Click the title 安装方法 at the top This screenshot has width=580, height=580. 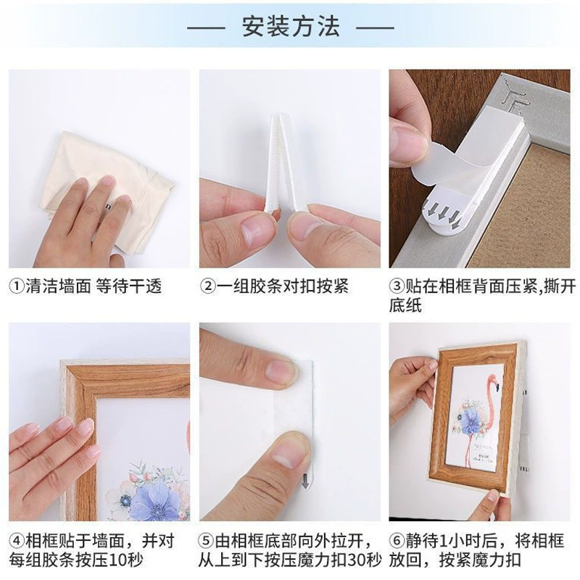(x=291, y=27)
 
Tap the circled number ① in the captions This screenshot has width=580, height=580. (x=17, y=286)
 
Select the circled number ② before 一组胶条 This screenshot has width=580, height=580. (x=208, y=286)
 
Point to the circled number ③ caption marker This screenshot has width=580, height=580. (x=397, y=286)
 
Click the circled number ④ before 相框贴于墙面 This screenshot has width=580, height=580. (x=17, y=541)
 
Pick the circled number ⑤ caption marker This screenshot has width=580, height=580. (x=207, y=541)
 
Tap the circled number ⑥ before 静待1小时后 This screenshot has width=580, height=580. (x=397, y=541)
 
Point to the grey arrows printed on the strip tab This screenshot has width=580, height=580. (x=443, y=212)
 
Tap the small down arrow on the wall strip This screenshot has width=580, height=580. (x=305, y=481)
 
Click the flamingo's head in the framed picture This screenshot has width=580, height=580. (x=494, y=382)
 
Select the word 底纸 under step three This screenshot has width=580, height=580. (x=405, y=305)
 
